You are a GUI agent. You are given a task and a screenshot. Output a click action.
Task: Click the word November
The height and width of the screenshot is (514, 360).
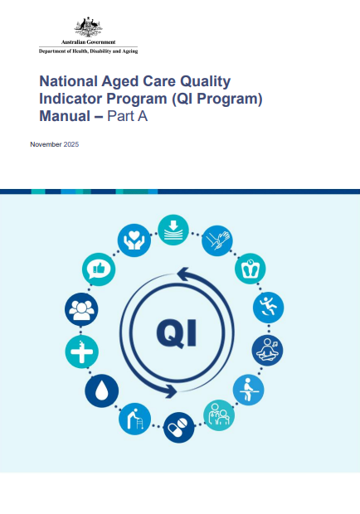45,145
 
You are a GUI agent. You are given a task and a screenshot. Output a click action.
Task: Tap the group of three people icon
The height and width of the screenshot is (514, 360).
81,310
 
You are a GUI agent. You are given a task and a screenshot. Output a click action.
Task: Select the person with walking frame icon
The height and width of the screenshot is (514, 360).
134,418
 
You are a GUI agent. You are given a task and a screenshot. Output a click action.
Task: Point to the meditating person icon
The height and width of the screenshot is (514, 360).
267,348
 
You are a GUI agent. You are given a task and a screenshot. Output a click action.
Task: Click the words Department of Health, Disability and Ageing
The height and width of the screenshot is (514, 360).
88,51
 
